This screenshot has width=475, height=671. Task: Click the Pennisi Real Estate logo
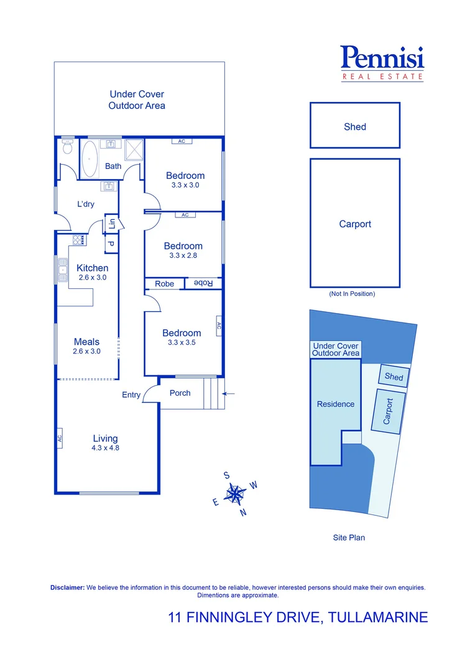(x=382, y=63)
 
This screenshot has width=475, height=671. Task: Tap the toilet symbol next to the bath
(x=67, y=147)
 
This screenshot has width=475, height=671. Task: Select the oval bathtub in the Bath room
(x=90, y=159)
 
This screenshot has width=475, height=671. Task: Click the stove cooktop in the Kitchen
(x=79, y=240)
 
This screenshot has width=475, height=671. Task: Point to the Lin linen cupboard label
(x=112, y=224)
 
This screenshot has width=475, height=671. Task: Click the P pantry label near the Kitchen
(x=111, y=244)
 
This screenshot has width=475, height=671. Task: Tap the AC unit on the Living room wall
(x=60, y=438)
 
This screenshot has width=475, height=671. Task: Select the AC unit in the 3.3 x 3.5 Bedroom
(x=219, y=324)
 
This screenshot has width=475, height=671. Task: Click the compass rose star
(x=236, y=495)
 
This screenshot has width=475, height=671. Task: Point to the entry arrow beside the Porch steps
(x=228, y=393)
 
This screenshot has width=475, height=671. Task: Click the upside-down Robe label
(x=204, y=283)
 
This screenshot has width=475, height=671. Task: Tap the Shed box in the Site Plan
(x=394, y=377)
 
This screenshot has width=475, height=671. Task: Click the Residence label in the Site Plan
(x=336, y=404)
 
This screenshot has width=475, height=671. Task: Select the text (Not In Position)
(x=352, y=294)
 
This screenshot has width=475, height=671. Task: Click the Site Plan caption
(x=349, y=537)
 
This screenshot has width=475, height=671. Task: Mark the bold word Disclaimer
(x=67, y=587)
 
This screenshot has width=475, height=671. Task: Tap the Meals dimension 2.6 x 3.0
(x=86, y=351)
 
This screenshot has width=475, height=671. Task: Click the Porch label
(x=180, y=393)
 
